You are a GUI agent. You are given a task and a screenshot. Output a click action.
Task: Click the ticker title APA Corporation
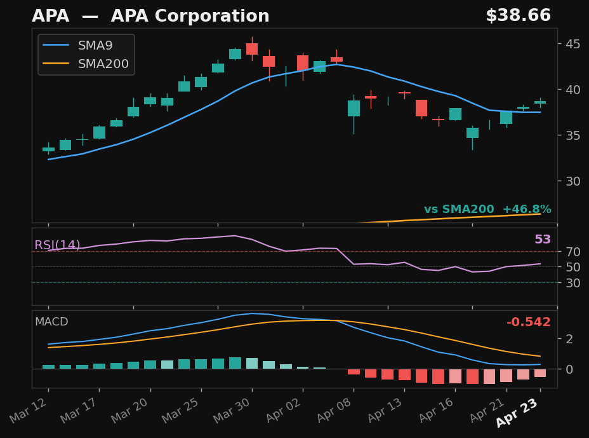(x=150, y=17)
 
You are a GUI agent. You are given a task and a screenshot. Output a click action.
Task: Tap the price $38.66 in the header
(x=518, y=16)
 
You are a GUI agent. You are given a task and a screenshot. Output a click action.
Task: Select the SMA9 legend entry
(x=95, y=46)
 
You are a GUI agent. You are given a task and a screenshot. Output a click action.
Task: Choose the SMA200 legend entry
(x=103, y=64)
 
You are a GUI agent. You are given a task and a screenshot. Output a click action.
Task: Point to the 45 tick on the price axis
(x=569, y=44)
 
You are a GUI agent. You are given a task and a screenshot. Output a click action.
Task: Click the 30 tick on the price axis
(x=569, y=181)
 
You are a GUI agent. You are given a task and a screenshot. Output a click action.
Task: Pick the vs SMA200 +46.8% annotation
(x=487, y=209)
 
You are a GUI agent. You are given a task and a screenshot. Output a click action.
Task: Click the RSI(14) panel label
(x=57, y=245)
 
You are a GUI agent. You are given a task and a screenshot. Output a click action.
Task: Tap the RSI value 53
(x=542, y=240)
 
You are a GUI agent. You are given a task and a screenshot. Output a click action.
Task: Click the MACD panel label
(x=51, y=322)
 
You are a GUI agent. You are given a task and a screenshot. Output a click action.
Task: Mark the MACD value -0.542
(x=528, y=322)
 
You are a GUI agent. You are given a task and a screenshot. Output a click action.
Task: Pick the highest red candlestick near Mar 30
(x=252, y=48)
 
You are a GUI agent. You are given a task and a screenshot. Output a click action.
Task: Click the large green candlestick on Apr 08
(x=354, y=108)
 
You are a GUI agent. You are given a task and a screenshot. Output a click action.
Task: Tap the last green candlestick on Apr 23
(x=540, y=102)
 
